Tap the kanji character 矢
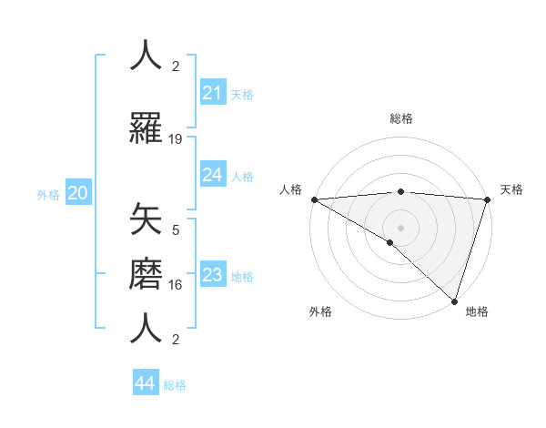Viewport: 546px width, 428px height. click(x=147, y=219)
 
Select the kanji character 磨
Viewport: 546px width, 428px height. click(x=147, y=273)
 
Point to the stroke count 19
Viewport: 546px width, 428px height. click(x=176, y=139)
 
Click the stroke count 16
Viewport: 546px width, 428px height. click(x=176, y=285)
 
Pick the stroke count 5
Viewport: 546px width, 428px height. click(x=176, y=230)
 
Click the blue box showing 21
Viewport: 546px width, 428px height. click(x=213, y=93)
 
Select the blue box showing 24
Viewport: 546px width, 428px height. click(x=213, y=175)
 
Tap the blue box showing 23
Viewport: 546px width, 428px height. click(x=213, y=275)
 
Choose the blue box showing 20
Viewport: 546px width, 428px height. click(x=78, y=193)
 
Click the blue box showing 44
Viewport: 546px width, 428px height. click(x=146, y=383)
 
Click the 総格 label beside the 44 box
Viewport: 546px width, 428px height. click(x=175, y=385)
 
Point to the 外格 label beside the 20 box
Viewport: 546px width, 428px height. click(x=48, y=194)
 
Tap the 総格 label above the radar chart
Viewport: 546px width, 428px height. click(x=400, y=118)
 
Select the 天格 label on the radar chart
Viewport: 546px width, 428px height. click(x=511, y=189)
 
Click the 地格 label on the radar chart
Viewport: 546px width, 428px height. click(x=477, y=311)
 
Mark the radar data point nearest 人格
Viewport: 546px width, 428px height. click(x=314, y=199)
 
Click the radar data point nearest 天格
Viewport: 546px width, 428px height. click(x=487, y=199)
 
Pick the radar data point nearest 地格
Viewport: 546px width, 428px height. click(x=454, y=301)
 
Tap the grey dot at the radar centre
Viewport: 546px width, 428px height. click(x=400, y=227)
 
